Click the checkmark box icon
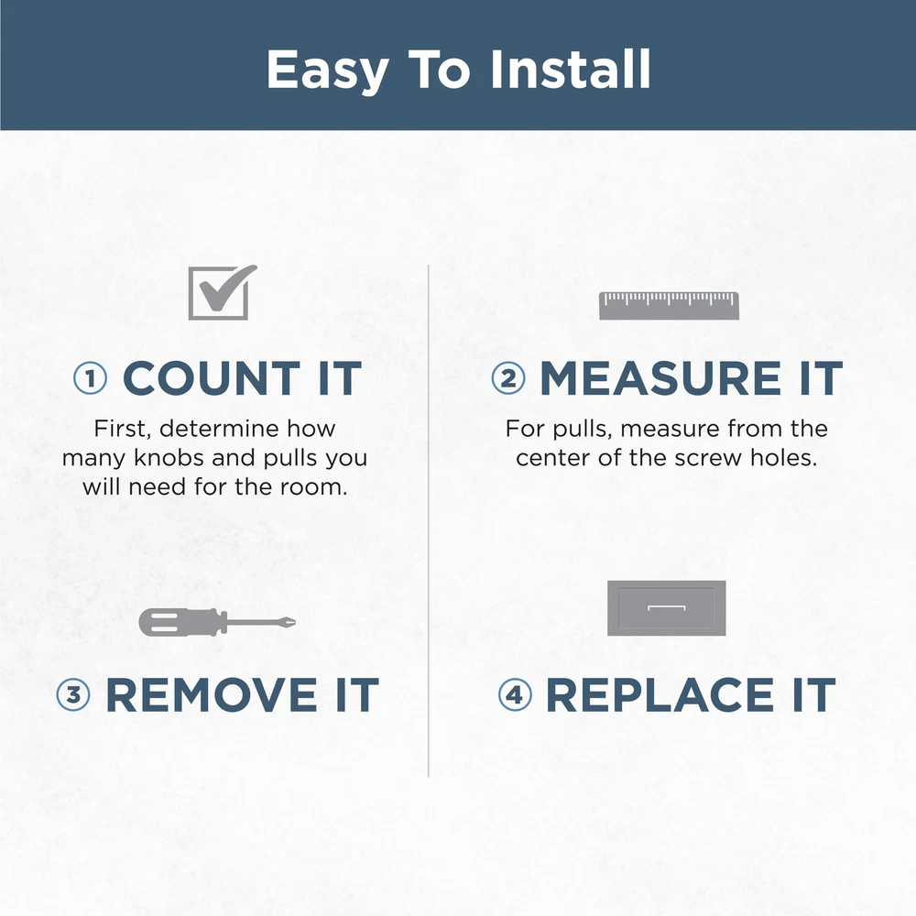[x=222, y=292]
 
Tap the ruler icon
[x=669, y=306]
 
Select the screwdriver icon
[x=217, y=622]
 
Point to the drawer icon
[x=667, y=608]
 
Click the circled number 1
[x=91, y=378]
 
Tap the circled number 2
[x=508, y=378]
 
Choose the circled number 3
[x=73, y=694]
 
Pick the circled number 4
[x=515, y=694]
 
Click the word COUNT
[x=212, y=378]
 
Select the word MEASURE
[x=660, y=378]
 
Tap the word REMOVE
[x=212, y=695]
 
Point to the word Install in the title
[x=571, y=70]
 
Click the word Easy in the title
[x=328, y=71]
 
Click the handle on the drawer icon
[x=667, y=607]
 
